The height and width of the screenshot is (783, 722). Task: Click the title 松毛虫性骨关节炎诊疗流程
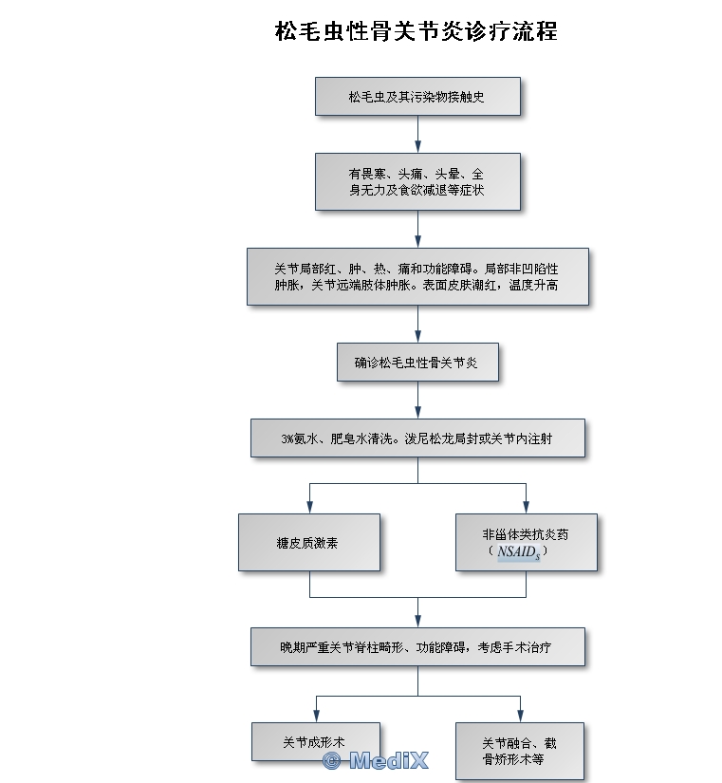(416, 31)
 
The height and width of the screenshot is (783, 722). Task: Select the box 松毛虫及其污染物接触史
(417, 97)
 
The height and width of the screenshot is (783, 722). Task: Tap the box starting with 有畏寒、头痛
(417, 182)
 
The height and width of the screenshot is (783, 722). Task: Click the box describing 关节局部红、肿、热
(417, 276)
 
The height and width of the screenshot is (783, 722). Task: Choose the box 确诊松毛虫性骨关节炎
(417, 362)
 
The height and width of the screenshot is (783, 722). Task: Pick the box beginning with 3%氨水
(417, 438)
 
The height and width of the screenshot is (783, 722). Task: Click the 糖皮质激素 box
(309, 542)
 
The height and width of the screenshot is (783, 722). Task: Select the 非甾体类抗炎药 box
(527, 542)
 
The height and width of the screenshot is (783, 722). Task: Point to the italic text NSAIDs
(519, 551)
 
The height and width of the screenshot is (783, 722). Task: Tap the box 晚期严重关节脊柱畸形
(417, 646)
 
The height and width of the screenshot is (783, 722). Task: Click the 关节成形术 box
(316, 741)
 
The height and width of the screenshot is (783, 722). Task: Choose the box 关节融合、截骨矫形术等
(520, 751)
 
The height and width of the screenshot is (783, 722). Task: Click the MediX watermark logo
(376, 760)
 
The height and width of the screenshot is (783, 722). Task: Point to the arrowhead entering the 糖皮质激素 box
(309, 507)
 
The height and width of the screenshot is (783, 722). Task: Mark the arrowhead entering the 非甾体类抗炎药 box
(527, 507)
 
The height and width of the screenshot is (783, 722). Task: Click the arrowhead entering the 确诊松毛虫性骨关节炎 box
(417, 336)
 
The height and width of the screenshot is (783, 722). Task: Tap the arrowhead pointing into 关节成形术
(316, 716)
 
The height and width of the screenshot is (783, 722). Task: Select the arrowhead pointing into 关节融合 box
(520, 716)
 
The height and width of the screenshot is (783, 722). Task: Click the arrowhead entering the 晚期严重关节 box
(417, 621)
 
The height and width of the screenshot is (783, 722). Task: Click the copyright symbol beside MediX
(331, 761)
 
